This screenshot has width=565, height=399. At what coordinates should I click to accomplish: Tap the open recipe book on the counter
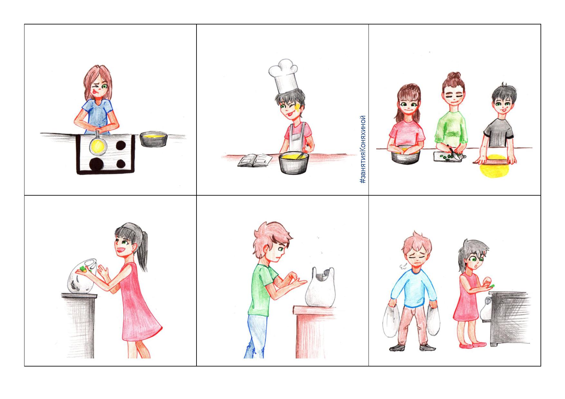coord(255,160)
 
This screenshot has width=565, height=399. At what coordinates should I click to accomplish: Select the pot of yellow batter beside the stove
coord(154,139)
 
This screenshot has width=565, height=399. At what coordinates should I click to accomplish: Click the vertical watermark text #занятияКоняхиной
coord(363,149)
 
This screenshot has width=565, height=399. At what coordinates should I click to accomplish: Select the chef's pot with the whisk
coord(293,162)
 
